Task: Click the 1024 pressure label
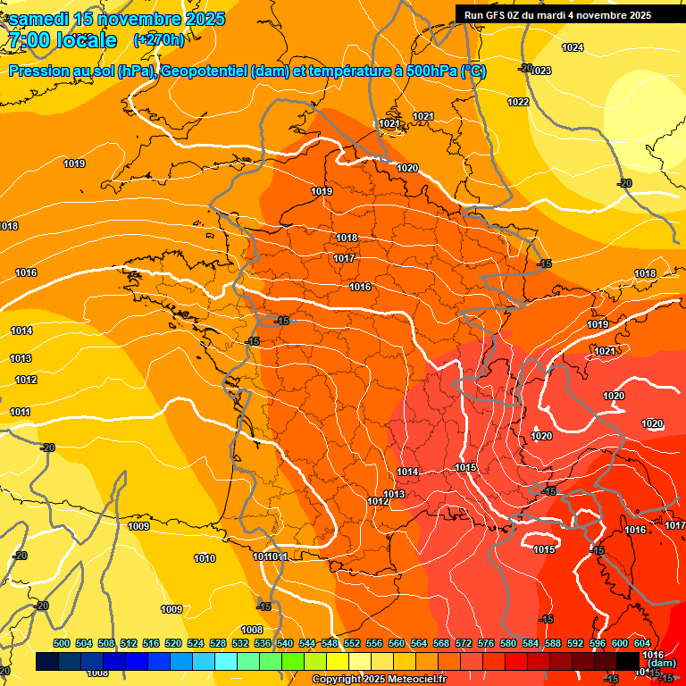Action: coord(573,47)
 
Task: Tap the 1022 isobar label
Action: coord(518,102)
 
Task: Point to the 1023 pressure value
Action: coord(540,71)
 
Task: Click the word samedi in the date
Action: coord(39,19)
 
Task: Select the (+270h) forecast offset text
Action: coord(158,39)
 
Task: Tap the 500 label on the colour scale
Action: coord(62,643)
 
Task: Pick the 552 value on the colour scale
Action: coord(352,643)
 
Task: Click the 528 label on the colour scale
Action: coord(218,643)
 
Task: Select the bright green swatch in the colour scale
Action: coord(293,661)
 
